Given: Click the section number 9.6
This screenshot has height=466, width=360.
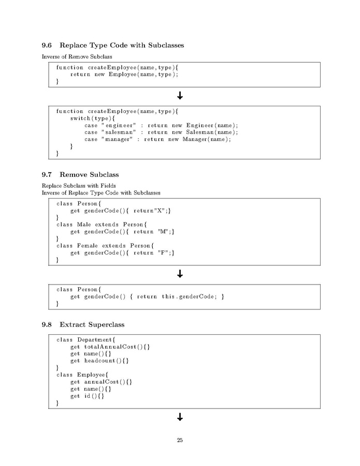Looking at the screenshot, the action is coord(47,45).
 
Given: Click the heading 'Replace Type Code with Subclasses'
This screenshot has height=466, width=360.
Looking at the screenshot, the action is coord(122,45).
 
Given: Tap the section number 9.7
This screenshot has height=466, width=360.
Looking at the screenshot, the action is coord(47,175).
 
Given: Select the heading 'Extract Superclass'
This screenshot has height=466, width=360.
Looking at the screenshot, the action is coord(92,324).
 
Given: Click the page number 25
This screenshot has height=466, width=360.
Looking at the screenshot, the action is coord(180,440).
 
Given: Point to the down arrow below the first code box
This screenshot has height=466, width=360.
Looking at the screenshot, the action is coord(180,95).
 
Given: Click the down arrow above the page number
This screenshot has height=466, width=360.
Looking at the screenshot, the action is coord(180,417).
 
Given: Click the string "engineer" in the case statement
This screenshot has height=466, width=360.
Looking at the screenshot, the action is coord(119,125).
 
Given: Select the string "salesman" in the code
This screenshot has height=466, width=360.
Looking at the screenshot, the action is coord(119,132).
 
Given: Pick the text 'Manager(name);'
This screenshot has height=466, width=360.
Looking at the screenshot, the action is coord(207,139).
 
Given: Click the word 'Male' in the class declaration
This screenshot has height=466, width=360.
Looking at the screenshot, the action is coord(84,224).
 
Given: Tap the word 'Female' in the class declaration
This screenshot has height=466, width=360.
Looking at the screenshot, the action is coord(88,246).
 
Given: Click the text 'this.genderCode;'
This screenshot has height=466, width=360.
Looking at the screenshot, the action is coord(189,296).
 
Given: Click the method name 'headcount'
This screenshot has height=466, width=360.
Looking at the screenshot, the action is coord(99,360).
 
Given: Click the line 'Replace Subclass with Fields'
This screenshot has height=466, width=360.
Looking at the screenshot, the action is coord(79,186).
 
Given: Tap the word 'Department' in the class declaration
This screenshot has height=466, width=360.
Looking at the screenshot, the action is coord(94,340).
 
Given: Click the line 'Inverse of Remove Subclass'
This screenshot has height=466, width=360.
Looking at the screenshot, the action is coord(77,57).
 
